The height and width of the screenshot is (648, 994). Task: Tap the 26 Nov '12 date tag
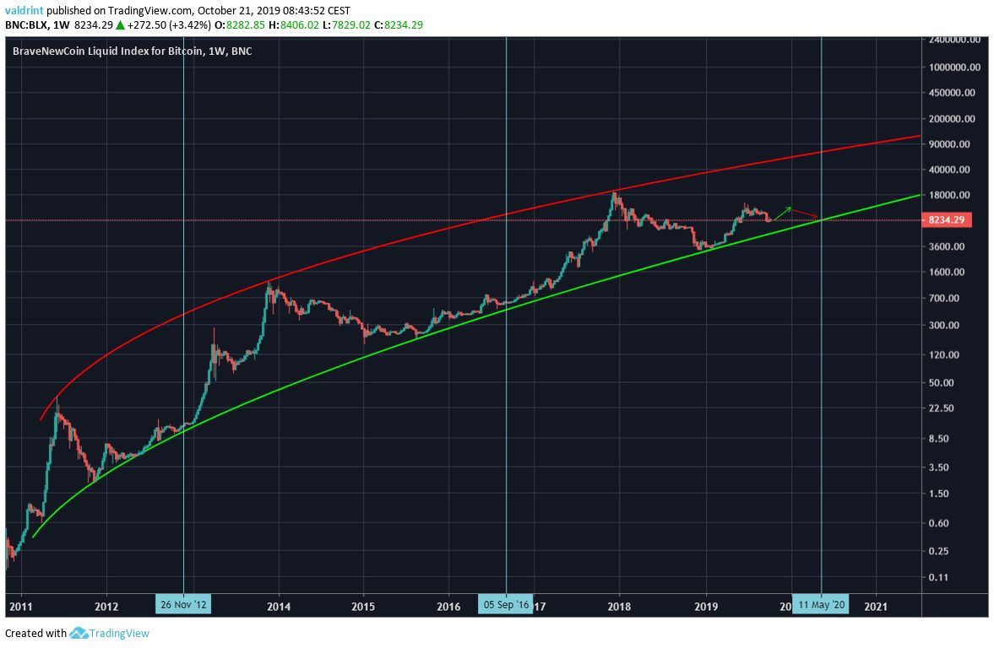click(x=182, y=604)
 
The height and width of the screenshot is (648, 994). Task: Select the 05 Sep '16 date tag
click(x=505, y=604)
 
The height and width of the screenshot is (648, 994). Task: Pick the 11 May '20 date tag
click(x=821, y=604)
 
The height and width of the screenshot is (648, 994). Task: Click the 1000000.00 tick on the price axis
click(x=954, y=67)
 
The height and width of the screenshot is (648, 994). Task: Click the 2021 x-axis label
click(x=876, y=605)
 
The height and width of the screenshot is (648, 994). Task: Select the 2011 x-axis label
click(x=20, y=605)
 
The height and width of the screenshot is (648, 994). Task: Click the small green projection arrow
click(x=782, y=213)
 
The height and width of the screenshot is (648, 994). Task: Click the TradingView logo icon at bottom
click(x=79, y=633)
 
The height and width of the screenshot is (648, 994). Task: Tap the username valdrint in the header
click(x=24, y=10)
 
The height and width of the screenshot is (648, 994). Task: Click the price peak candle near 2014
click(x=269, y=287)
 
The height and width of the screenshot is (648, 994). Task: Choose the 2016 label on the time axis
click(x=449, y=605)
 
